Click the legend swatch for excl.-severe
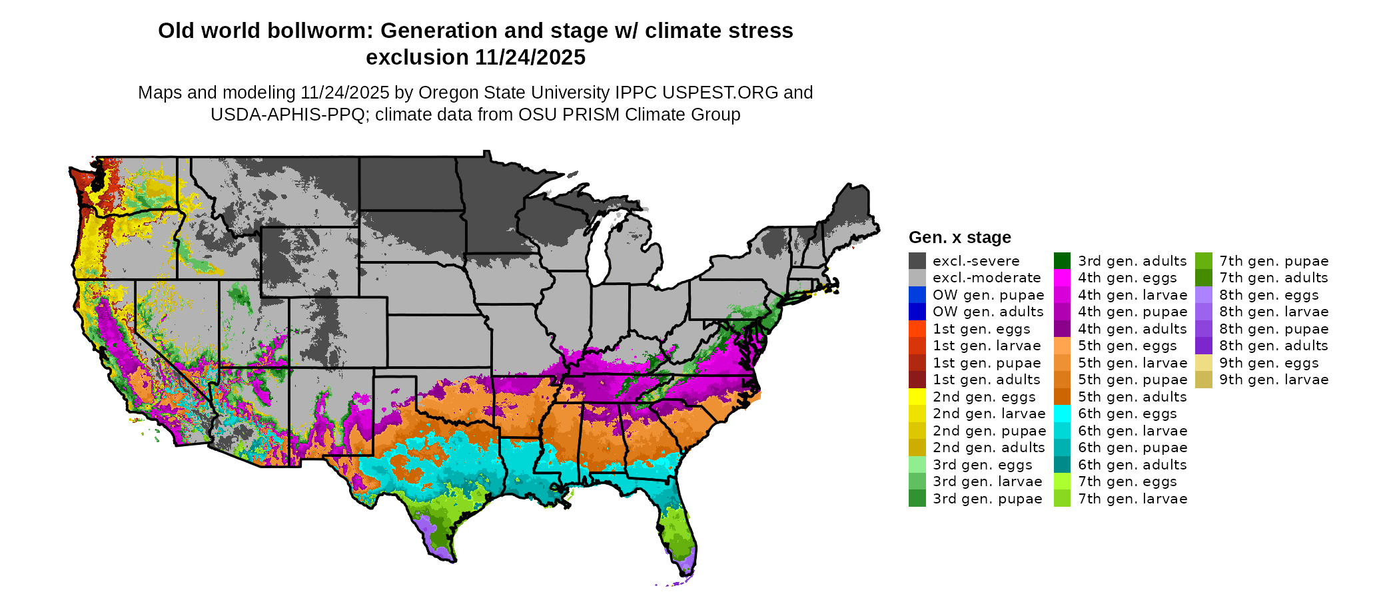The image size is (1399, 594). tap(917, 260)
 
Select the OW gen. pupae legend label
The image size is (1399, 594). tap(988, 295)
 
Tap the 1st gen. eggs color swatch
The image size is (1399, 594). tap(917, 328)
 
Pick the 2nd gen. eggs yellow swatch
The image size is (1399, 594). tap(917, 396)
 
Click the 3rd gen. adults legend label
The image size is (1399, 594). tap(1132, 261)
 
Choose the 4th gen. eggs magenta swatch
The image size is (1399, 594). tap(1062, 278)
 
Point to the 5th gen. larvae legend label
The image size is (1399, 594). tap(1132, 363)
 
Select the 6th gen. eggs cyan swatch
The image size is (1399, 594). tap(1062, 414)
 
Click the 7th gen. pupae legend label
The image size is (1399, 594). tap(1273, 261)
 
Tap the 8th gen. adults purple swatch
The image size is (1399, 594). tap(1203, 346)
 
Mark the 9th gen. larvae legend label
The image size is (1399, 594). tap(1273, 380)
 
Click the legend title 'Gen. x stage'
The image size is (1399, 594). tap(959, 238)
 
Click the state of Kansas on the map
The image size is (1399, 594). tap(440, 340)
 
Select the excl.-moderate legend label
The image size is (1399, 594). tap(986, 278)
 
